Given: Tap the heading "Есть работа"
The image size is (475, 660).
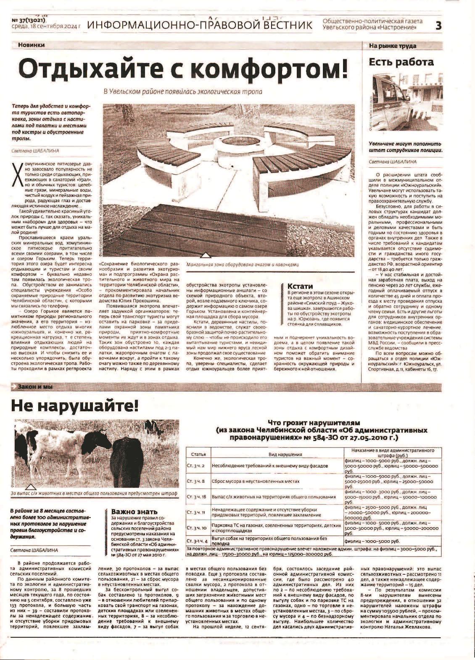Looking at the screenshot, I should (401, 62).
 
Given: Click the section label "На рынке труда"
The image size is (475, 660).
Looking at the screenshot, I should (392, 45).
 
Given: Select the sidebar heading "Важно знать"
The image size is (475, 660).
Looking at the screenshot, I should (134, 512).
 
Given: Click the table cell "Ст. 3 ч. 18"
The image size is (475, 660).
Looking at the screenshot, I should (196, 497).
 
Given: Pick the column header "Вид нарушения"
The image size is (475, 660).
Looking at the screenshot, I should (277, 455).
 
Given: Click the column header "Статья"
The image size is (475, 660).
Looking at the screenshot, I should (198, 455).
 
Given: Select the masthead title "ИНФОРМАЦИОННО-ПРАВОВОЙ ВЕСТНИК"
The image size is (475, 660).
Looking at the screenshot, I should (200, 25).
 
